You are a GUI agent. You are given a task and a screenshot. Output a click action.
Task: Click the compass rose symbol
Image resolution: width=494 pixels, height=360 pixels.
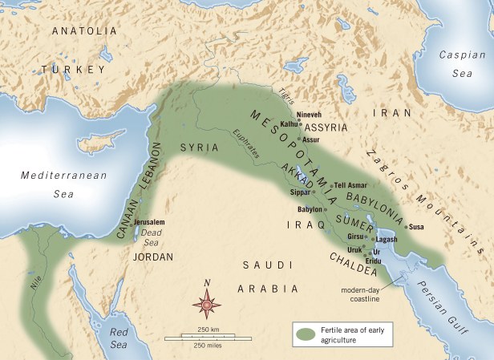point(208,303)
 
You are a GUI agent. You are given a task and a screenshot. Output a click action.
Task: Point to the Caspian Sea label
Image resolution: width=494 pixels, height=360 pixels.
point(461,63)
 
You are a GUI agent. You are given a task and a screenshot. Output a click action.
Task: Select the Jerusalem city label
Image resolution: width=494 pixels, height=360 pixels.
point(150,221)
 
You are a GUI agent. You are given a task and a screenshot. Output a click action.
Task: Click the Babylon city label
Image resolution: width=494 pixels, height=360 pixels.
point(310,209)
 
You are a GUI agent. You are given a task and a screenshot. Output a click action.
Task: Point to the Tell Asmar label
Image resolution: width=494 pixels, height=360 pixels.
point(350,185)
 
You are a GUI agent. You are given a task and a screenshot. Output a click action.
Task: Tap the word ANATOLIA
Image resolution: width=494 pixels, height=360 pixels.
point(84,30)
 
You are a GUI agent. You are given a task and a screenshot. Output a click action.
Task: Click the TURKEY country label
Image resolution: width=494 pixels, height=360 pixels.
point(74,70)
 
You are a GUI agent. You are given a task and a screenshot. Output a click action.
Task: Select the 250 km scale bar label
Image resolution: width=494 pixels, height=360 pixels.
point(209,330)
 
